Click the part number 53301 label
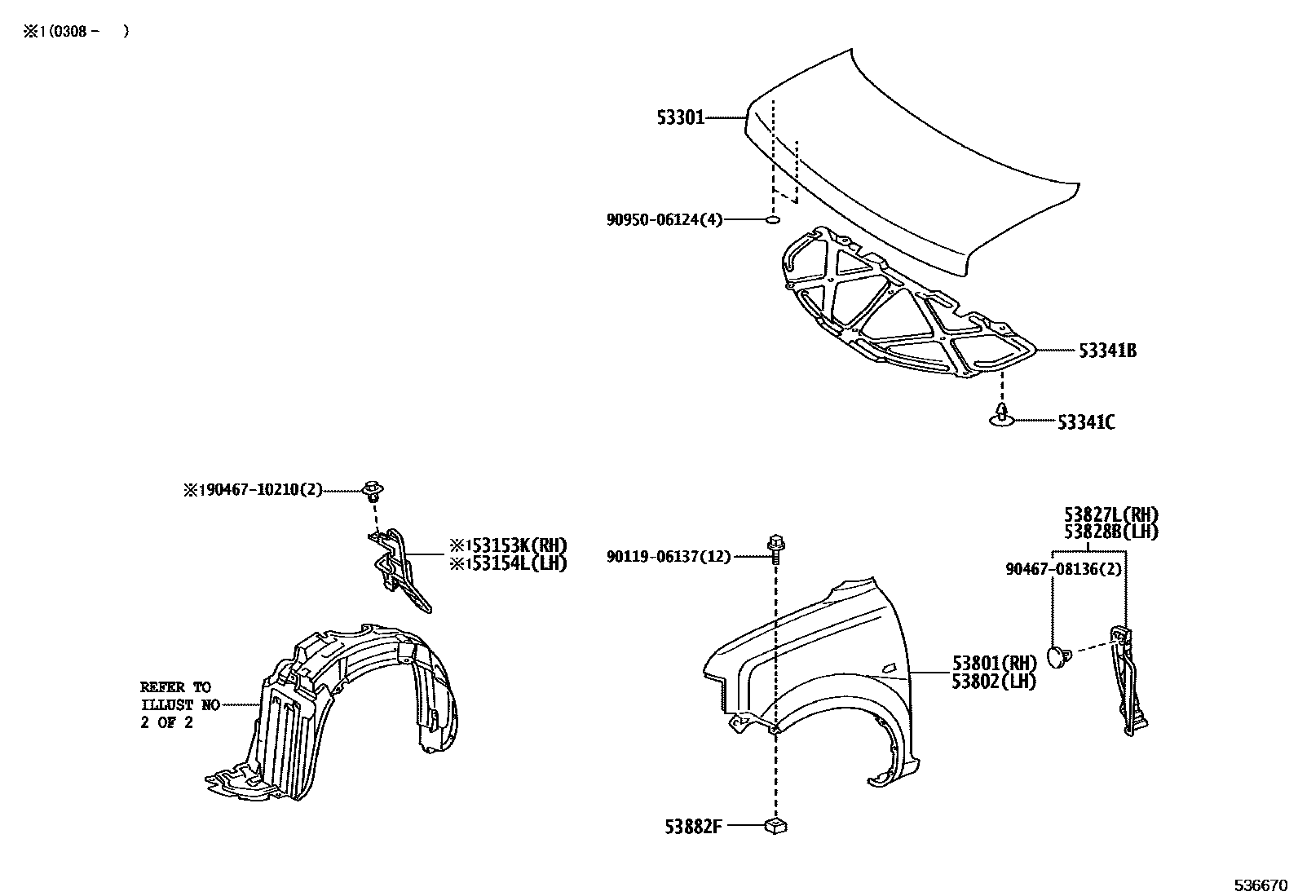tap(680, 119)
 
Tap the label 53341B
tap(1107, 351)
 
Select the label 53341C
tap(1086, 422)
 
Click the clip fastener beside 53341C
tap(1000, 414)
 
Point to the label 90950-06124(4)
tap(664, 220)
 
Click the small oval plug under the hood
tap(774, 220)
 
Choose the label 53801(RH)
tap(994, 664)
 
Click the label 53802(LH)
tap(994, 682)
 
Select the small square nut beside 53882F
tap(775, 826)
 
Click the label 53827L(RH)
tap(1110, 515)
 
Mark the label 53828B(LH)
tap(1110, 532)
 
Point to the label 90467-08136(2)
tap(1063, 570)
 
